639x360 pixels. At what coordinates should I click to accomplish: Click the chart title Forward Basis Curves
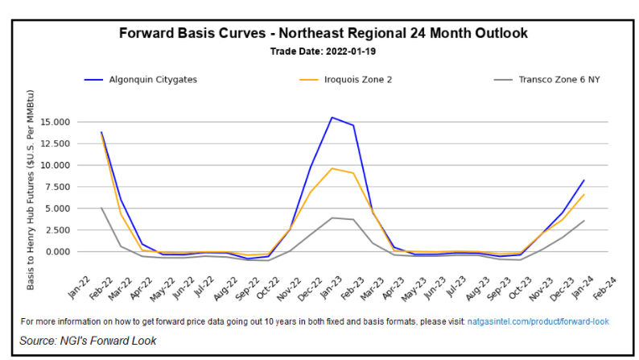323,34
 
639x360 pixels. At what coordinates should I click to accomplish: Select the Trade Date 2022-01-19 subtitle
323,51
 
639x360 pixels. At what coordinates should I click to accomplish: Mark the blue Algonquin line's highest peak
332,118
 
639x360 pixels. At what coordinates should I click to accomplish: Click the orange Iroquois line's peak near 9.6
332,168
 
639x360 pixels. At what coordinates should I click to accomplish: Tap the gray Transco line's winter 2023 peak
332,217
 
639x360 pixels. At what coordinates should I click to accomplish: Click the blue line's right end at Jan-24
583,180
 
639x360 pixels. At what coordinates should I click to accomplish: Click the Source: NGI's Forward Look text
89,341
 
